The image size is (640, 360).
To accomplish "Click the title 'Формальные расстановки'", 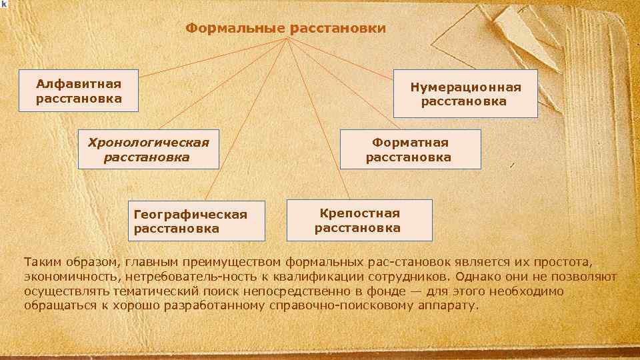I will point(285,29).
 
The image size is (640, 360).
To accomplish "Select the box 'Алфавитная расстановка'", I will point(79,91).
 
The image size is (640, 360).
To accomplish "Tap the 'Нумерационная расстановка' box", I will point(465,94).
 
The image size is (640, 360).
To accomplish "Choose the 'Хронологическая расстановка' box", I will point(148,149).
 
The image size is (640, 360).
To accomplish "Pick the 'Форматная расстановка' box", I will point(409,150).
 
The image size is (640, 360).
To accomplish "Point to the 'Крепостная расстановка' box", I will point(359,220).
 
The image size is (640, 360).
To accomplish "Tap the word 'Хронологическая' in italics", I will point(144,142).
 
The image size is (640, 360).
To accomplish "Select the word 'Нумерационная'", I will point(465,87).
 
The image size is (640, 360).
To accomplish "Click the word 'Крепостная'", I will point(359,213).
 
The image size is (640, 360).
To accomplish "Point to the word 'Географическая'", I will point(191,215).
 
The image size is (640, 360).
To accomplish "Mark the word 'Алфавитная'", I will point(79,84).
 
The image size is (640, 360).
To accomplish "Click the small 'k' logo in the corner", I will point(4,4).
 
